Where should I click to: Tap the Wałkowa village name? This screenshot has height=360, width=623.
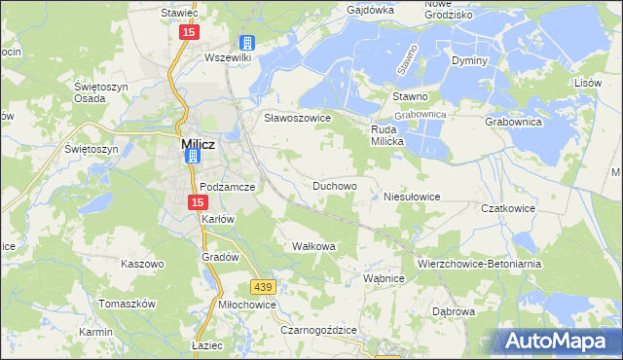313,246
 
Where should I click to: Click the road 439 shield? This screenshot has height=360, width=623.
261,287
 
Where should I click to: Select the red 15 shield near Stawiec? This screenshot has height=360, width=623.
188,32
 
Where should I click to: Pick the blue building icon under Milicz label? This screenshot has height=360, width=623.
193,157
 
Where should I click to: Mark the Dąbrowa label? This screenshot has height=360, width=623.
452,312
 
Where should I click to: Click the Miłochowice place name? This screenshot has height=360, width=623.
247,305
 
